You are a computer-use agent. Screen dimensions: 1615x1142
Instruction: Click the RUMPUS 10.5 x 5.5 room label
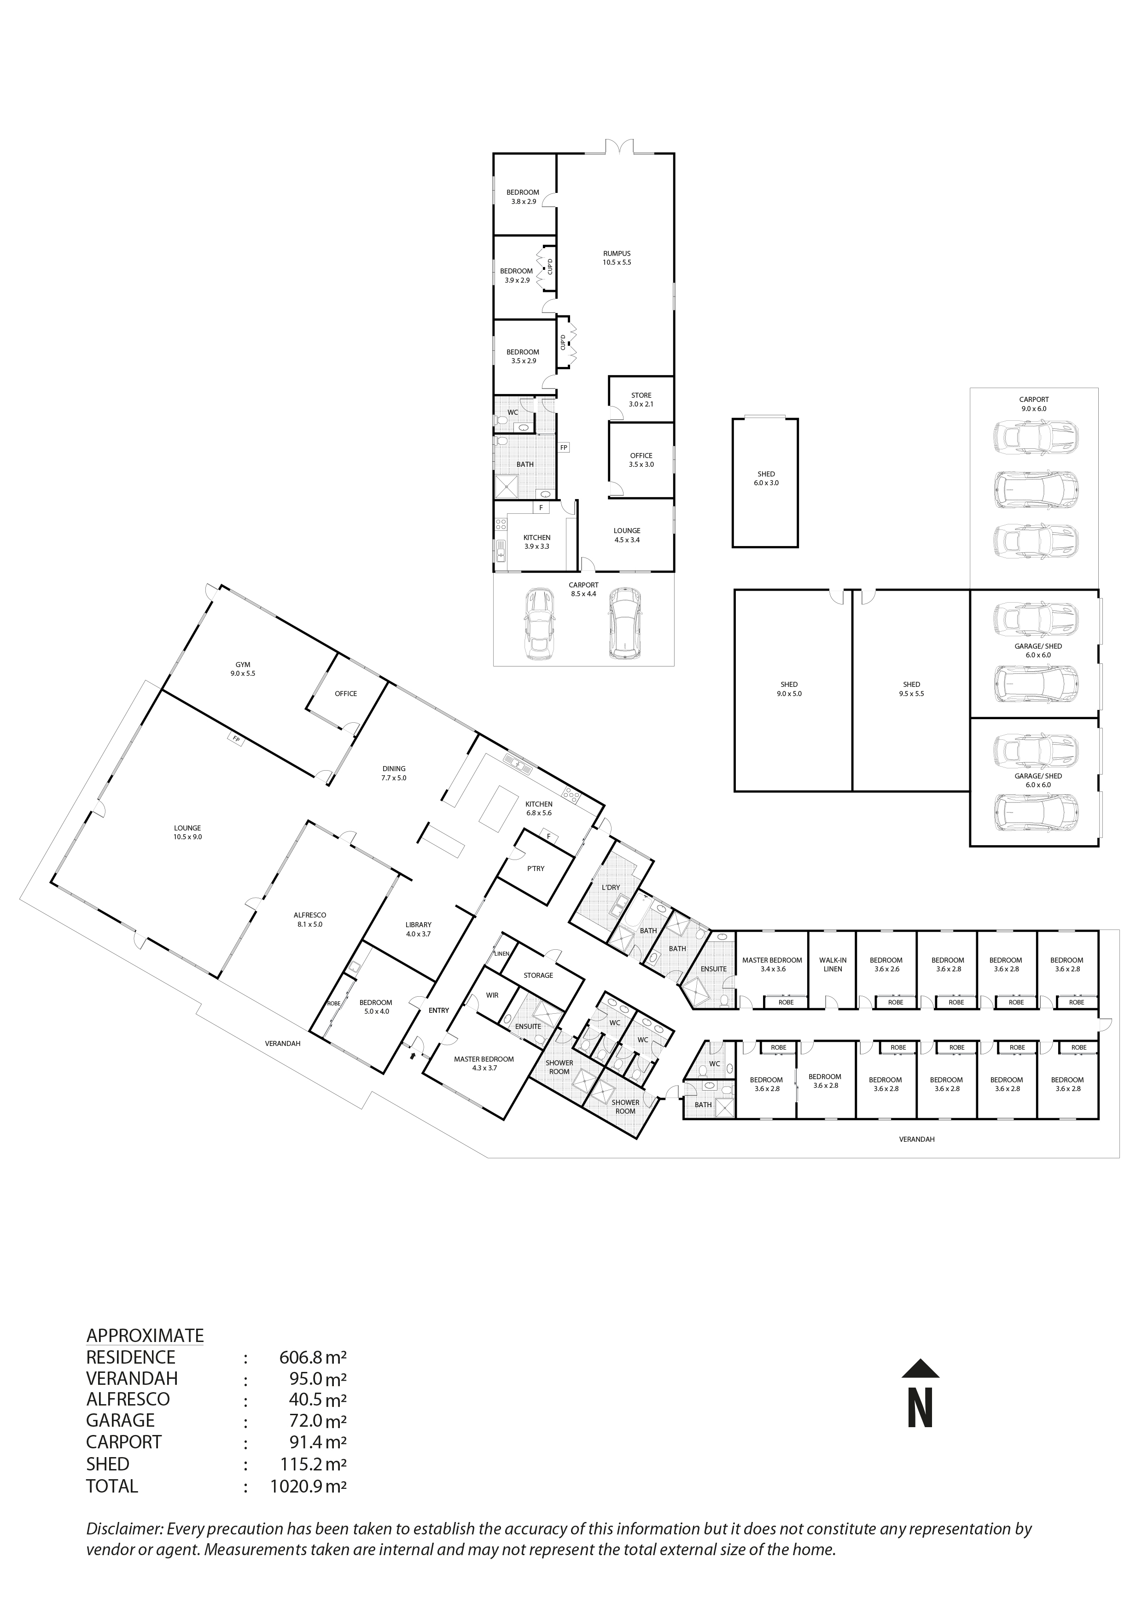point(617,257)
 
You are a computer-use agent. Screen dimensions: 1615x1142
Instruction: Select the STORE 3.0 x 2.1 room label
point(641,400)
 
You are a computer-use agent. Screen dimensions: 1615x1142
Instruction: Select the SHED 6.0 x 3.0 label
point(766,478)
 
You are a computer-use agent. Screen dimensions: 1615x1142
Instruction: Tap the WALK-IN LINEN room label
point(833,964)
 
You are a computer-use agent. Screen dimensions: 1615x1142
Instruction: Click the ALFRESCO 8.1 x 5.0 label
point(309,919)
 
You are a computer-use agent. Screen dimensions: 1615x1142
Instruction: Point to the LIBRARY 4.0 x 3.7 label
point(418,929)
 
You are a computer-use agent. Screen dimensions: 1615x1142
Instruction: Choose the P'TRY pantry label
point(536,869)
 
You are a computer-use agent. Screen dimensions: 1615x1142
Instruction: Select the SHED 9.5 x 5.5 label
point(911,689)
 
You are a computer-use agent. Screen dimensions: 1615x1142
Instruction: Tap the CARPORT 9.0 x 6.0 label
point(1034,404)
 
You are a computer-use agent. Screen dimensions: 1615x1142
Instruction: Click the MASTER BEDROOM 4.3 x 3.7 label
point(484,1063)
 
